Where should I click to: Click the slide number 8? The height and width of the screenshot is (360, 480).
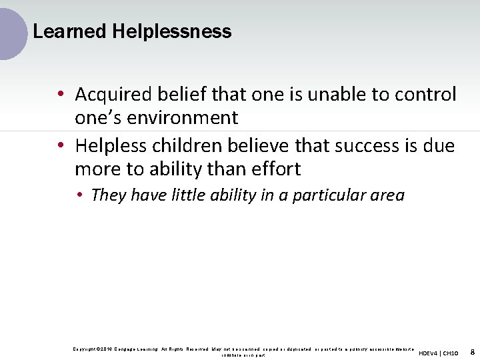point(472,351)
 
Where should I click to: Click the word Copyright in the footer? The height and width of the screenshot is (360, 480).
point(85,349)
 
